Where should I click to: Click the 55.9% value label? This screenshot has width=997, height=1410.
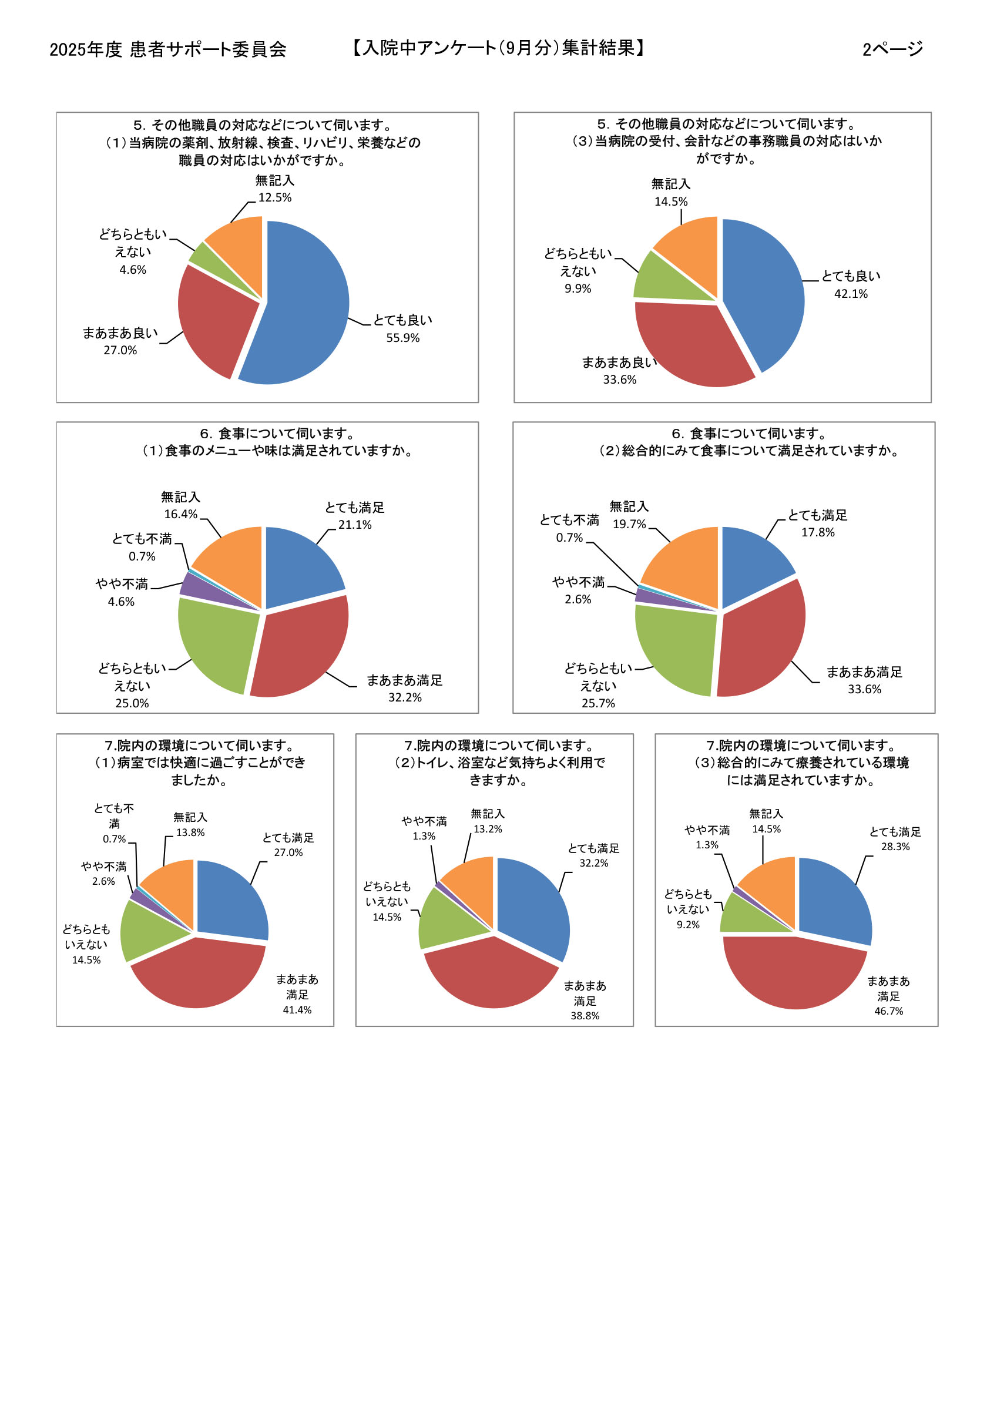[402, 338]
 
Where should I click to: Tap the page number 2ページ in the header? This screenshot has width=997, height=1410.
[892, 49]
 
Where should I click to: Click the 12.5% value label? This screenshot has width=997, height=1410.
[274, 197]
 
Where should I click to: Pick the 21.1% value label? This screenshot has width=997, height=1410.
[354, 525]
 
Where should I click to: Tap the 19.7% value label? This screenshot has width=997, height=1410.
[629, 524]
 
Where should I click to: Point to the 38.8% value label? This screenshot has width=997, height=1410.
[585, 1016]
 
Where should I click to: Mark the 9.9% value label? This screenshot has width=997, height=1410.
[578, 288]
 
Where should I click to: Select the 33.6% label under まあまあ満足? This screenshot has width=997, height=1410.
[864, 689]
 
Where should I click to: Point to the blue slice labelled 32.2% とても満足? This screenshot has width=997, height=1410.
[531, 903]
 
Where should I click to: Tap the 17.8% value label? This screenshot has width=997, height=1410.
[818, 532]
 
